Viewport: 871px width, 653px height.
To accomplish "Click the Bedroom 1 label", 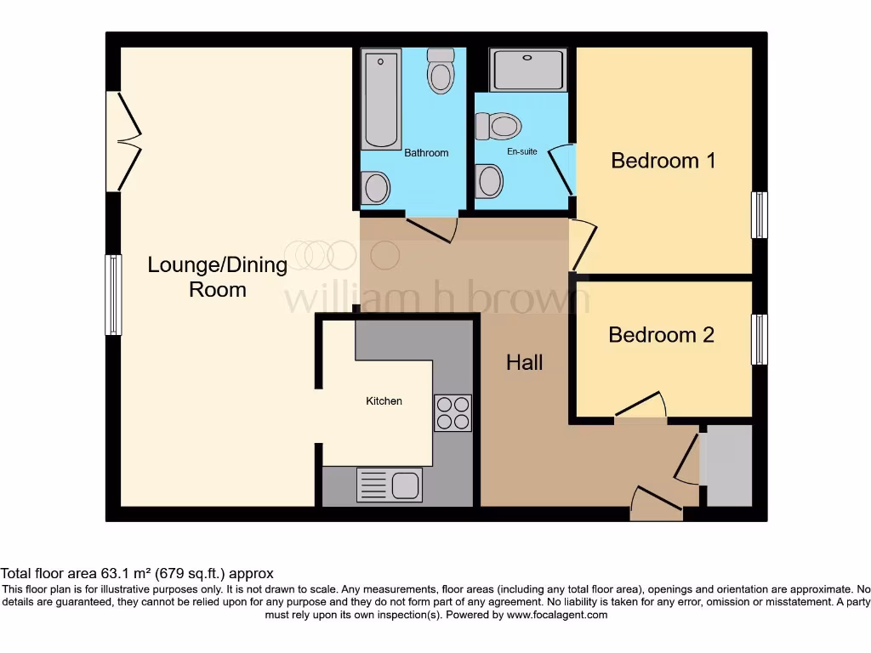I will pos(663,160).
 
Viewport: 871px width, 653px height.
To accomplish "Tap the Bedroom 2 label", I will pos(661,335).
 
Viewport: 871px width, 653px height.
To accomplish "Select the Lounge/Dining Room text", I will pos(218,276).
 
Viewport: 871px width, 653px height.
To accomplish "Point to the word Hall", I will pos(524,363).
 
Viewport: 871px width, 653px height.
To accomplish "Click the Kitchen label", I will pos(384,400).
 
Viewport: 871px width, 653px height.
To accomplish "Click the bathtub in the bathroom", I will pos(381,99).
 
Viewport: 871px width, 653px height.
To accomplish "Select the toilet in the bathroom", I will pos(440,71).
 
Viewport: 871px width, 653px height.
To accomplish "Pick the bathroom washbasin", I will pos(375,187).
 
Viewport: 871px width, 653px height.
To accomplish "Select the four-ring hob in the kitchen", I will pos(453,412).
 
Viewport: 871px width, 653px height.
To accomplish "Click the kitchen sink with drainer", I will pos(390,485).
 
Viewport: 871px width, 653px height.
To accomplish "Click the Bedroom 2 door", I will pos(640,408).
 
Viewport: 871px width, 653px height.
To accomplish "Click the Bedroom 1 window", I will pos(759,214).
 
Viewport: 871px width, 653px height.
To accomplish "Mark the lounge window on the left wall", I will pos(111,294).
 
